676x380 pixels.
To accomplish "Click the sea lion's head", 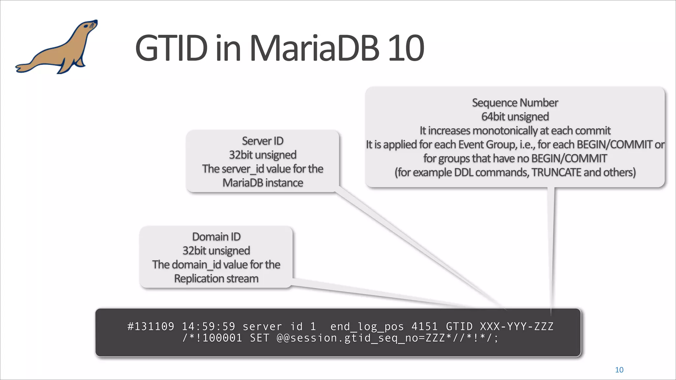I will coord(88,26).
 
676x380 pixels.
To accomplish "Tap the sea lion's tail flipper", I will coord(23,68).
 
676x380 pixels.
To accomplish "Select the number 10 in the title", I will coord(406,48).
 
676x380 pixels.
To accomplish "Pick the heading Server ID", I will coord(262,141).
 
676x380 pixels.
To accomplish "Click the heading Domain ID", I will coord(216,237).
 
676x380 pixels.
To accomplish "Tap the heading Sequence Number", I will coord(515,103).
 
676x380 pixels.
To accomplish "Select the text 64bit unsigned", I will coord(515,116).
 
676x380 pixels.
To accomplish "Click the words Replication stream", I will coord(216,279).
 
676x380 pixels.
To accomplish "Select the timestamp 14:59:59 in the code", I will coord(208,327).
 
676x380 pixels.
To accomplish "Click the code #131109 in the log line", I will coord(151,327).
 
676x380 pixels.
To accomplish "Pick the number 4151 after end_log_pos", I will coord(424,327).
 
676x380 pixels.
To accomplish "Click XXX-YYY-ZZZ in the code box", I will coord(517,327).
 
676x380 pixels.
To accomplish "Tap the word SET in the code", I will coord(259,338).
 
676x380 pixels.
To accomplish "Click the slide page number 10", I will coord(619,370).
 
